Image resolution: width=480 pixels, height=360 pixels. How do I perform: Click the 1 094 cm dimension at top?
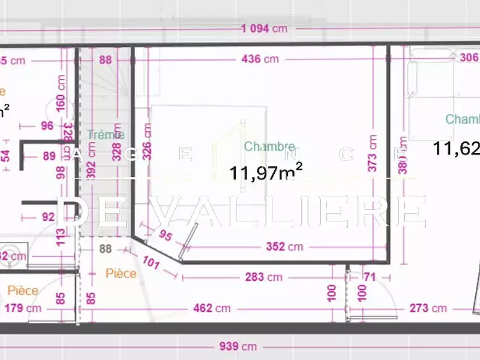[264, 28]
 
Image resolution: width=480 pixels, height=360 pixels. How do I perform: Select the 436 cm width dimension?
[260, 59]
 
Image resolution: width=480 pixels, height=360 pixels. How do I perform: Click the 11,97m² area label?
[265, 173]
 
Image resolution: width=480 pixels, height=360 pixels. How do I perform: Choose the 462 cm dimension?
[212, 308]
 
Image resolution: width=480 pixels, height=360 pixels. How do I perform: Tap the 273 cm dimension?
[428, 308]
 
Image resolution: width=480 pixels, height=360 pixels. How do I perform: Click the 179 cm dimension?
[23, 308]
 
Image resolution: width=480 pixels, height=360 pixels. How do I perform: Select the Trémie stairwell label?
[104, 135]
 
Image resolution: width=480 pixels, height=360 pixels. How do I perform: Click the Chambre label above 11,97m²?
[269, 146]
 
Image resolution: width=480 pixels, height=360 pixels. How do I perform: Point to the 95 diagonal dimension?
[165, 236]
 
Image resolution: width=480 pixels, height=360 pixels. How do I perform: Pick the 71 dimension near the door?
[369, 277]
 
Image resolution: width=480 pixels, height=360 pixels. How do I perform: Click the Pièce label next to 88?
[121, 274]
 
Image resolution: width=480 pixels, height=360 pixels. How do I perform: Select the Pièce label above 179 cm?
[23, 290]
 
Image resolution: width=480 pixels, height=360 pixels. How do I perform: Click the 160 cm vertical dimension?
[61, 92]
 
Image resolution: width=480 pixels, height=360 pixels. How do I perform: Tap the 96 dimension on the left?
[47, 126]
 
